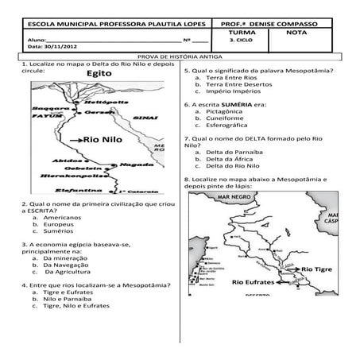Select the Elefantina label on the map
(x=79, y=192)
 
